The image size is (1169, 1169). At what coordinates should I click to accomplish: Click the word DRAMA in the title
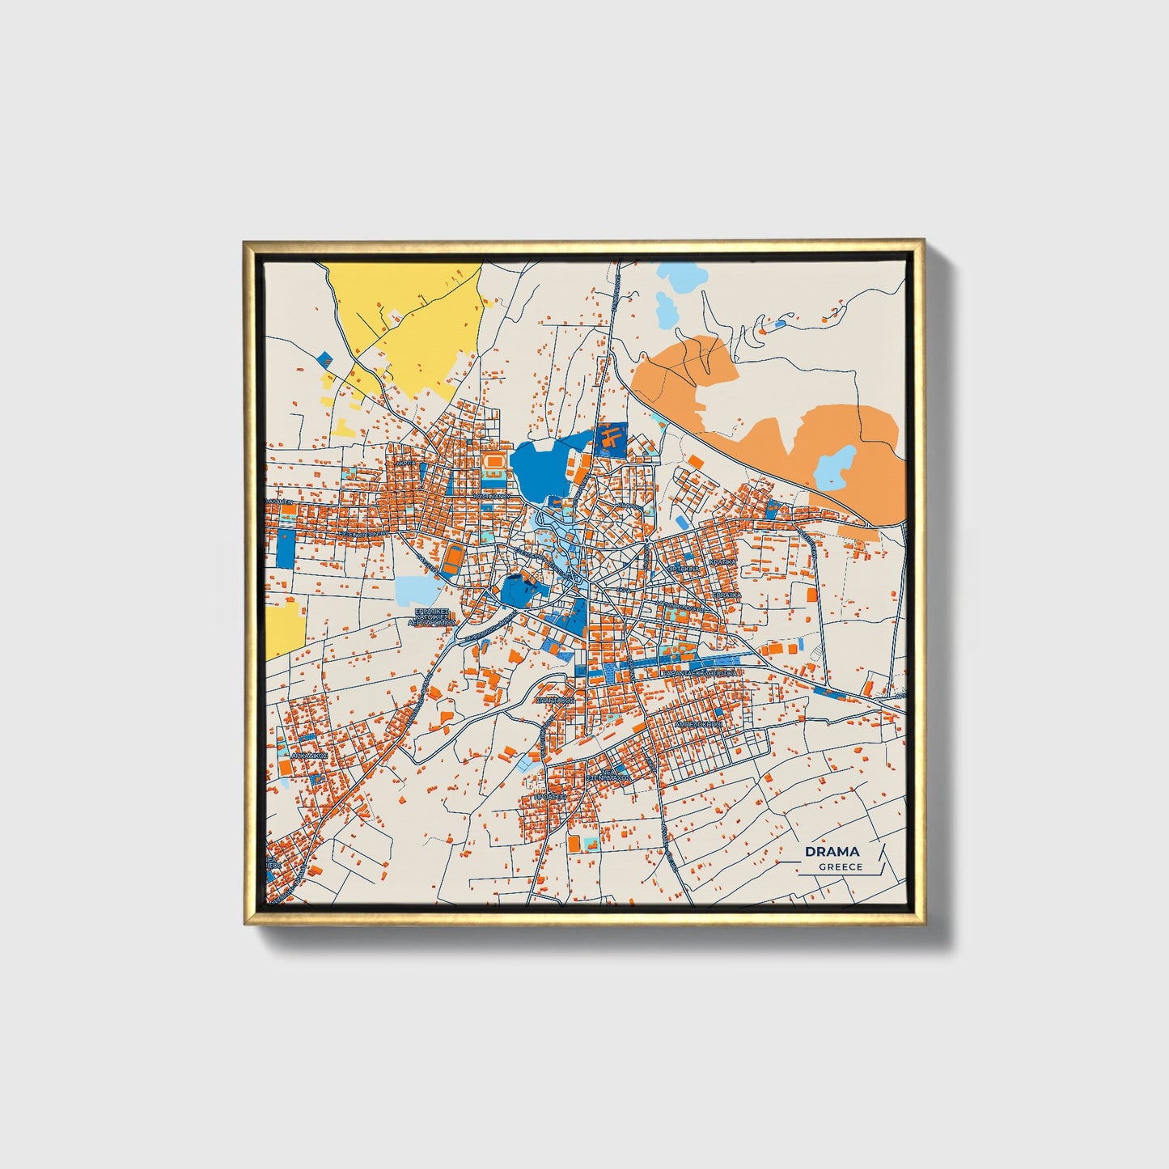[x=832, y=851]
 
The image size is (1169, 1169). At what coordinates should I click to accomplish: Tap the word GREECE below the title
[x=840, y=867]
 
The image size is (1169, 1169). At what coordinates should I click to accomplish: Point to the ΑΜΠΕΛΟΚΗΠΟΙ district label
[x=697, y=724]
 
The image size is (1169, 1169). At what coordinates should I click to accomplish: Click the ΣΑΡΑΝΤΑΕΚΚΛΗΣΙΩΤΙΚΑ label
[x=699, y=672]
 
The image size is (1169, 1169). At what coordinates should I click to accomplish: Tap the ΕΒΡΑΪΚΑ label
[x=726, y=594]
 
